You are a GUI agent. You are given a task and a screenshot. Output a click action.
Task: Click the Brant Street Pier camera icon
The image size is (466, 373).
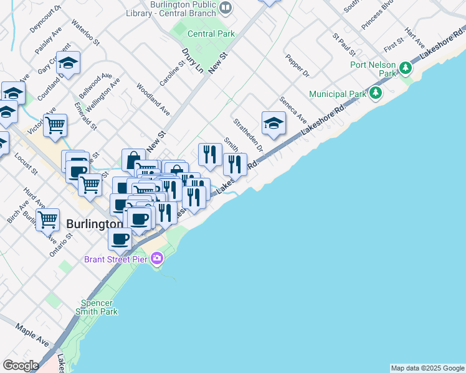(x=156, y=258)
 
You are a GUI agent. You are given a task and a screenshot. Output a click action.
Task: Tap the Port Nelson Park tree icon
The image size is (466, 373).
(x=406, y=67)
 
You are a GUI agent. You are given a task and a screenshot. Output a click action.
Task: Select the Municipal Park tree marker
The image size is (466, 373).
(x=375, y=94)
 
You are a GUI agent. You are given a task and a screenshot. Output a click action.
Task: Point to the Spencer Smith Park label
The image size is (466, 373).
(x=96, y=307)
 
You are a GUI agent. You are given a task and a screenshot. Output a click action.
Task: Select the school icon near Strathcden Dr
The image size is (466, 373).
(x=273, y=123)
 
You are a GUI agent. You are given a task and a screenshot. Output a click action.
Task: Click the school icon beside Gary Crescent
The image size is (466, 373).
(x=68, y=62)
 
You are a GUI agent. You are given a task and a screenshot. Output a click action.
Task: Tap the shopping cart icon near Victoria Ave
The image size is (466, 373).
(x=55, y=125)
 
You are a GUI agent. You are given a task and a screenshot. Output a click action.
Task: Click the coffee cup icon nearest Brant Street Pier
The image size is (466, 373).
(x=120, y=239)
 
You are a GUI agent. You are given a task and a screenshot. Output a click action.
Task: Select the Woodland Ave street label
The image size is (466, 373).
(x=153, y=99)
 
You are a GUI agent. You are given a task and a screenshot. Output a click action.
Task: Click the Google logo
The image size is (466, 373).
(x=21, y=366)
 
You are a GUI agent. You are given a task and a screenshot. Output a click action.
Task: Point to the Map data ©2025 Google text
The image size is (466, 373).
(x=427, y=368)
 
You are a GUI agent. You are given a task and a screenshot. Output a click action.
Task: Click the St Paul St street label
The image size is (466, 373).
(x=344, y=45)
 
